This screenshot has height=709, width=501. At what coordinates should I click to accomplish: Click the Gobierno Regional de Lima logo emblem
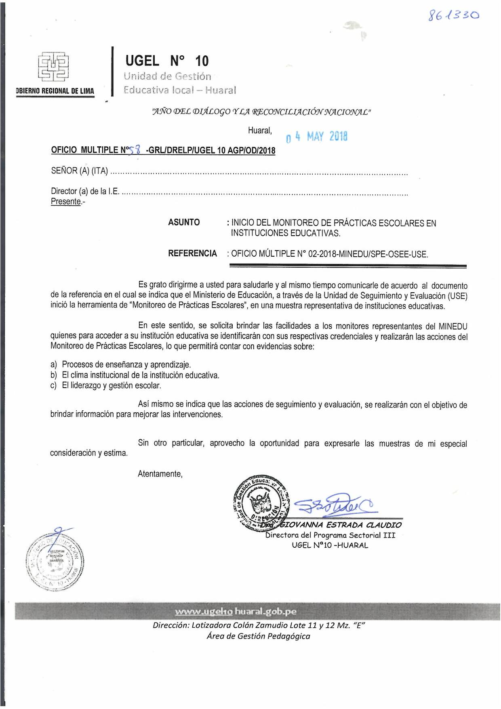(x=54, y=66)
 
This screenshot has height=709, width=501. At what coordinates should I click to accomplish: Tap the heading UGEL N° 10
(x=167, y=61)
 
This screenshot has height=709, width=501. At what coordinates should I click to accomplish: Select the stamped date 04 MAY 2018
(x=316, y=137)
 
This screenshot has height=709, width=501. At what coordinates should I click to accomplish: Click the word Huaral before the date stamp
(x=260, y=131)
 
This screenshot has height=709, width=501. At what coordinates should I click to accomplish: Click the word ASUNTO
(x=184, y=222)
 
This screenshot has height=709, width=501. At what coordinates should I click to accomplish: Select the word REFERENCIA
(x=192, y=253)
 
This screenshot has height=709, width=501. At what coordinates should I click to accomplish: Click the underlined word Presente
(x=66, y=201)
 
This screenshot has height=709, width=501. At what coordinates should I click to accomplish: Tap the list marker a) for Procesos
(x=54, y=365)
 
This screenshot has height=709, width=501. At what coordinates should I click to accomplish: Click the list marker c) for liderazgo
(x=54, y=386)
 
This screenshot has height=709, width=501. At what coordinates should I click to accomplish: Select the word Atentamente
(x=160, y=474)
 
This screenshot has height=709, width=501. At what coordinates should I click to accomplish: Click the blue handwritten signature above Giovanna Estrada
(x=334, y=504)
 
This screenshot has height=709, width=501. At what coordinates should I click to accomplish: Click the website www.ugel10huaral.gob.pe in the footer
(x=236, y=612)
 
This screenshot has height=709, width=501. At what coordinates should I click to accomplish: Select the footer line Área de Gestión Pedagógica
(x=258, y=636)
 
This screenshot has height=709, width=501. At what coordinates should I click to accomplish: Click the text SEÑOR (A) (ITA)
(x=79, y=171)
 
